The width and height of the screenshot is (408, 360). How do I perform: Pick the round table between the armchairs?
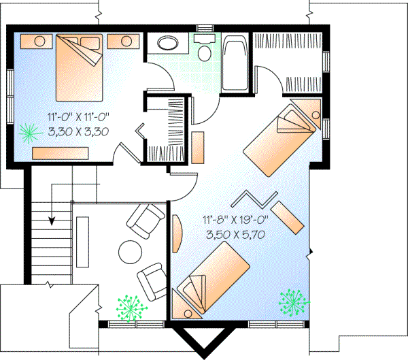point(130,252)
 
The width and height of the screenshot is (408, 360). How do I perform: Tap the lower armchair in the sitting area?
point(151,279)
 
